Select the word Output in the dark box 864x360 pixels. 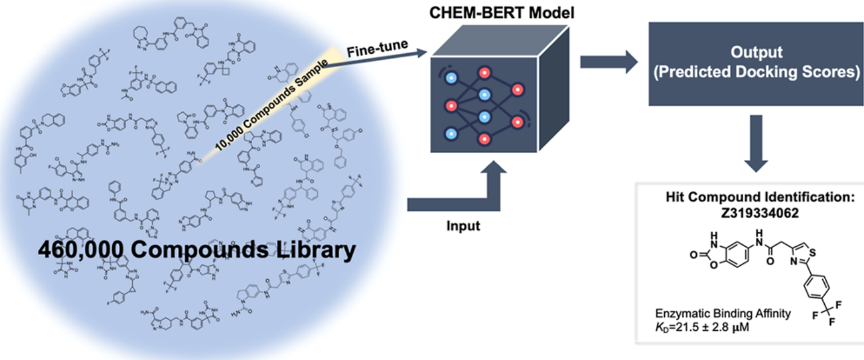[x=756, y=52]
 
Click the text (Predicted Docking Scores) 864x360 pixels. [x=756, y=72]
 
